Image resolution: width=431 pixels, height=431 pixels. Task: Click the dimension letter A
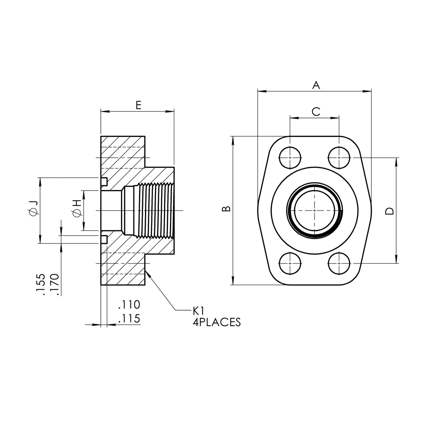tap(316, 85)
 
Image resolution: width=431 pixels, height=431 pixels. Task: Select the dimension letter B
tap(226, 208)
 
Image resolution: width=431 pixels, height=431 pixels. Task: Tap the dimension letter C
tap(316, 112)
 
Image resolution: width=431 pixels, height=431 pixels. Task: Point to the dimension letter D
tap(390, 211)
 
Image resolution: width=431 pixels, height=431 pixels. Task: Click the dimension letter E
tap(139, 105)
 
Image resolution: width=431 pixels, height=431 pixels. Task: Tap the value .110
tap(129, 305)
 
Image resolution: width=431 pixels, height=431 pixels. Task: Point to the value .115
tap(129, 319)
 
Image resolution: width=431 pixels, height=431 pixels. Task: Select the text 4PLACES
tap(217, 322)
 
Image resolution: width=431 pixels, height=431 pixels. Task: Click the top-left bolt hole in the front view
tap(290, 158)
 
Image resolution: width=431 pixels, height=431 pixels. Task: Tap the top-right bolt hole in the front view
tap(339, 158)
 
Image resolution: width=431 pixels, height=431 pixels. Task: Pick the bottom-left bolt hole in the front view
tap(290, 263)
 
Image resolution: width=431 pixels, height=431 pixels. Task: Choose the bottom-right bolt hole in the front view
tap(339, 263)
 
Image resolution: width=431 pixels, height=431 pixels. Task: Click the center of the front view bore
tap(314, 211)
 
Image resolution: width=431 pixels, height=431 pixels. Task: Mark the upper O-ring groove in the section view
tap(104, 182)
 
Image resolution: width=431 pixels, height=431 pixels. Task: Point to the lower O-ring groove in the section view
tap(104, 239)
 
